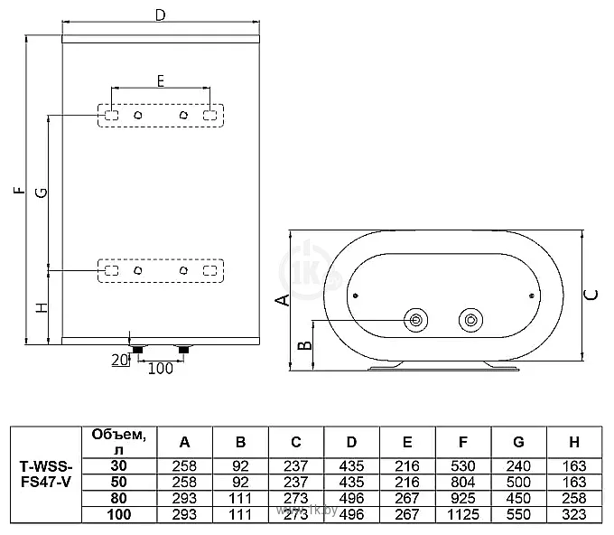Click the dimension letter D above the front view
(161, 14)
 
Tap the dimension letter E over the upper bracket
(161, 81)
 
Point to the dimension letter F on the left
(19, 191)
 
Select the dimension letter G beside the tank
(42, 192)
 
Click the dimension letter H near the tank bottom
(42, 307)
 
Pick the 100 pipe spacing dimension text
(160, 369)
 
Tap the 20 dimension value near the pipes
(120, 360)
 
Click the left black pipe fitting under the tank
(137, 349)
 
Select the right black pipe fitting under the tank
(183, 349)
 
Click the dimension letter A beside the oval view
(283, 300)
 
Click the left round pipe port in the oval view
(416, 320)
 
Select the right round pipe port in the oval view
(470, 320)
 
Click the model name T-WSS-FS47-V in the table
(46, 474)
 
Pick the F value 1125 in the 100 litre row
(463, 514)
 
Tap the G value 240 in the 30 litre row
(518, 466)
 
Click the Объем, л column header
(118, 442)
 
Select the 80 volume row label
(118, 498)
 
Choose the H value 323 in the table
(574, 514)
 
